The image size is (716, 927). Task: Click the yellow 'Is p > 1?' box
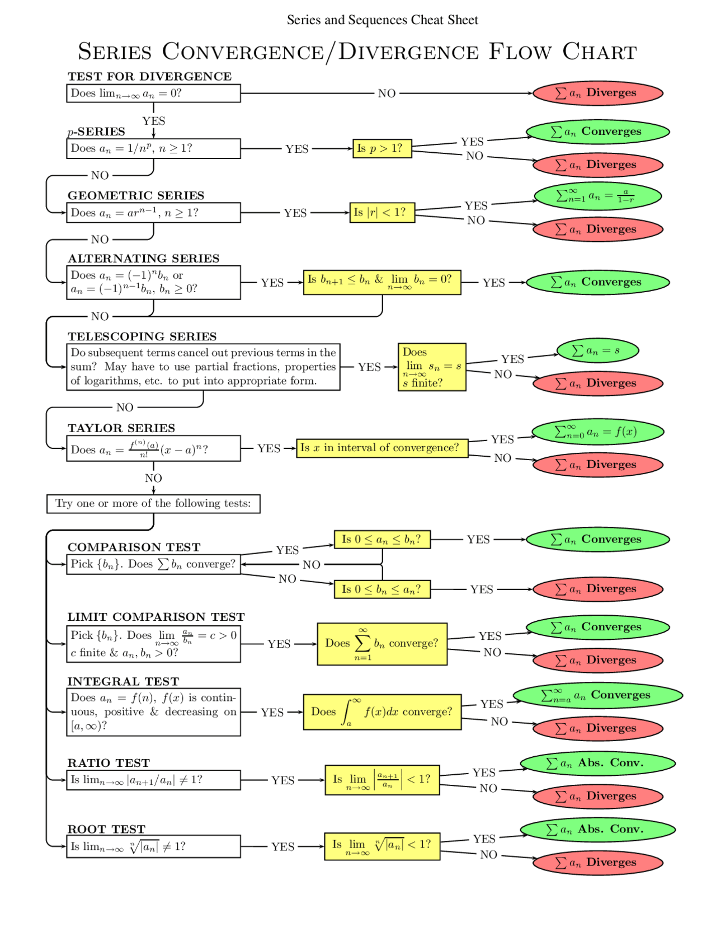pos(382,148)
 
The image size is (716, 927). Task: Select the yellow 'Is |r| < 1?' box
pos(382,213)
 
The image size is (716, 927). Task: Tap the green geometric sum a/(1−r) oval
pos(597,196)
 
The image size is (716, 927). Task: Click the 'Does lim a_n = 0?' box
pos(153,93)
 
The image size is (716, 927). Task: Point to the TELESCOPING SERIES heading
pos(142,336)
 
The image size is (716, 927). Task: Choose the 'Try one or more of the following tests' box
pos(153,503)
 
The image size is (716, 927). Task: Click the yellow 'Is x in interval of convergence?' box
pos(382,448)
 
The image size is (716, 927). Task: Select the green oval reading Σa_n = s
pos(597,351)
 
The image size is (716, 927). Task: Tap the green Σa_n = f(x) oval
pos(597,432)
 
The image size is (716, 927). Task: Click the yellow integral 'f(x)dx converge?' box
pos(382,712)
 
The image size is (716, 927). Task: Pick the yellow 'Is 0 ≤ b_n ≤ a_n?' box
pos(382,589)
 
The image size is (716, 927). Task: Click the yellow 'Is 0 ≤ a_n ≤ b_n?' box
pos(382,540)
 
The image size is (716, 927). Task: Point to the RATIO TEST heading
pos(109,763)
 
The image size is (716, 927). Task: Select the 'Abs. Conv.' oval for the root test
pos(597,830)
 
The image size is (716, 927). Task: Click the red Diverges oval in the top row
pos(597,93)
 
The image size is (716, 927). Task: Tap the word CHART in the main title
pos(599,52)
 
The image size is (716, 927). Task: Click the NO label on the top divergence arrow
pos(387,93)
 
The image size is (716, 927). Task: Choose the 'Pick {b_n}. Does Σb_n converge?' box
pos(153,564)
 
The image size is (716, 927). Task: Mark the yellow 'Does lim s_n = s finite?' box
pos(431,367)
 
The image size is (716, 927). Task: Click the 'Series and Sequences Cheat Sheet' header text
pos(382,20)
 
